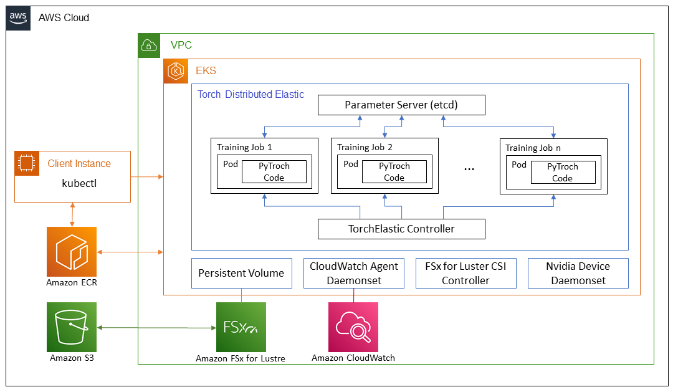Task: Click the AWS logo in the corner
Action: pos(18,18)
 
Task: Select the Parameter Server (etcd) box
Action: pos(401,105)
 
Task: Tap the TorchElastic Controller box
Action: pos(401,229)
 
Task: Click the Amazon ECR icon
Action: pos(72,252)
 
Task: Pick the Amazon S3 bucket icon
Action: pos(72,327)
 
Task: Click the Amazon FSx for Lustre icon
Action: pos(241,327)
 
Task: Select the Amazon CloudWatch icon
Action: pos(353,327)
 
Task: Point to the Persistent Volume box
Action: pos(242,273)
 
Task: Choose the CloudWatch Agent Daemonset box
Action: pos(354,273)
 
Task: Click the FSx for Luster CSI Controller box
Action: pos(465,273)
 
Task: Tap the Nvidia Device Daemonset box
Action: pos(578,273)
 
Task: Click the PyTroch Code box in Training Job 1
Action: pos(274,172)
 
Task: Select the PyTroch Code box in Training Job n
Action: pos(563,172)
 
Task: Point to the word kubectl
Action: pos(79,183)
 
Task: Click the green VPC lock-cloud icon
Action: pos(149,45)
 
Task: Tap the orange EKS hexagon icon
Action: pos(176,71)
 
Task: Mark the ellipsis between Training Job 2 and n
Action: pos(469,170)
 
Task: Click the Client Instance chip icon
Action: pos(27,163)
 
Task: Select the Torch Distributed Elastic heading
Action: pos(251,95)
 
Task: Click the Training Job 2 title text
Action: pos(365,147)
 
